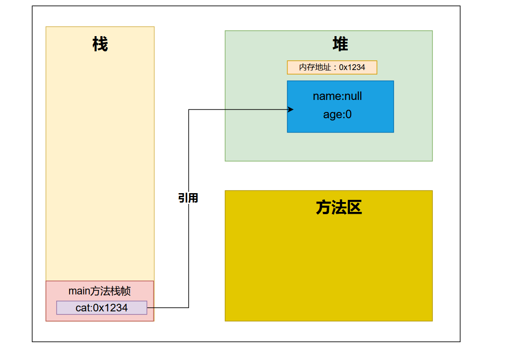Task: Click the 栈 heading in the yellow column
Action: [100, 44]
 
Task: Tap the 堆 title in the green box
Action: [340, 44]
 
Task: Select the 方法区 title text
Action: [339, 207]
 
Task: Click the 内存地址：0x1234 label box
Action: [332, 67]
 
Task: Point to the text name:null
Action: [337, 96]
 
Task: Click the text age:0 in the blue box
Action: [337, 115]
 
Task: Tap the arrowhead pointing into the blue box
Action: [291, 109]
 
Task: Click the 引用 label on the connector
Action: [188, 198]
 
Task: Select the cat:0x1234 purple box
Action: [102, 308]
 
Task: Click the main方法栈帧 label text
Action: [99, 291]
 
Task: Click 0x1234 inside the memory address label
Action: [352, 67]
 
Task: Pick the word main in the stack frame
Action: [79, 291]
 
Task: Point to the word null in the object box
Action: [353, 96]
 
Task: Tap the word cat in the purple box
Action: [82, 308]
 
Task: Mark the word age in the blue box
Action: [332, 115]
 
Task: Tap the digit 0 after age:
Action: [349, 115]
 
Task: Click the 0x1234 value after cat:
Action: [110, 308]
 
